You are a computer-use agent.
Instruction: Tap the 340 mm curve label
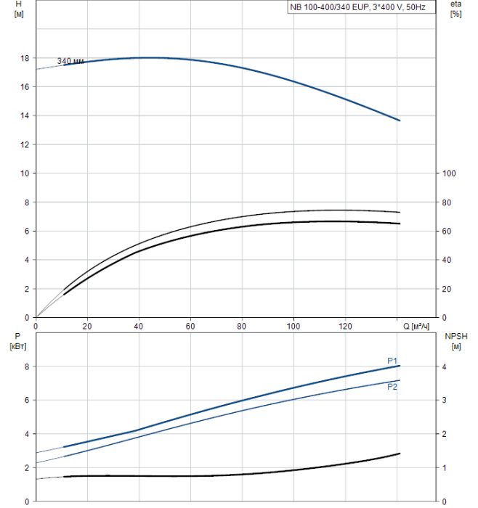70,61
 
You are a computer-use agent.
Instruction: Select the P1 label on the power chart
392,361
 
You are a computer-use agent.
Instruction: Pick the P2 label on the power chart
392,387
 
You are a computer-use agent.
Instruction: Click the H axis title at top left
19,4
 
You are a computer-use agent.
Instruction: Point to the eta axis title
455,4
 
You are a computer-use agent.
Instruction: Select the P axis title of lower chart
18,337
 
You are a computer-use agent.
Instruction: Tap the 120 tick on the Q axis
346,326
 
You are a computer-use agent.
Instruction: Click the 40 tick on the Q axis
139,326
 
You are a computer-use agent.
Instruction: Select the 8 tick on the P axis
27,366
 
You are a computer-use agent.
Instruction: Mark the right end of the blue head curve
400,120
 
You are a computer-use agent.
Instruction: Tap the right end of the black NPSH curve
400,454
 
